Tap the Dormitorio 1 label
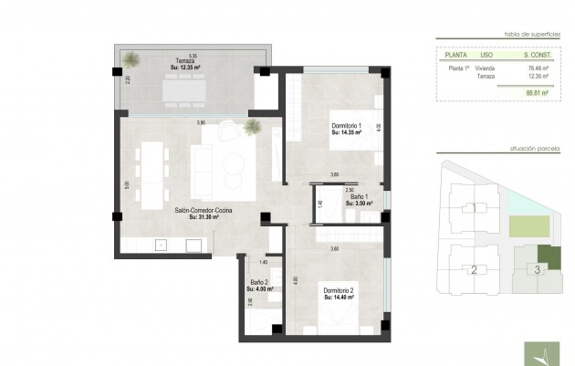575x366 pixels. point(347,127)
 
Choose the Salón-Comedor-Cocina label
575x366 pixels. point(204,213)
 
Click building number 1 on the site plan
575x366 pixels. point(474,208)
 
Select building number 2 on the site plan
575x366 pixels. point(474,269)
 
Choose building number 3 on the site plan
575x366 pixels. point(538,269)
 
